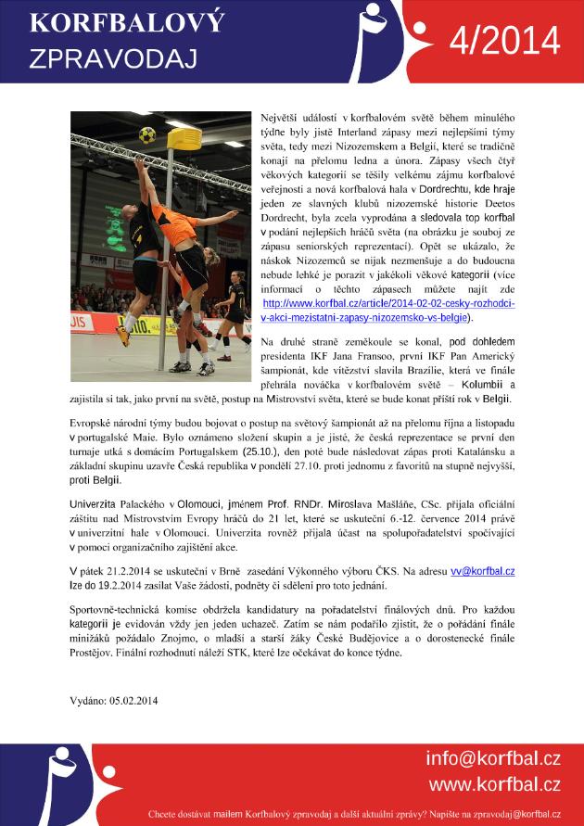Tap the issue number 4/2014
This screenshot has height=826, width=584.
point(504,41)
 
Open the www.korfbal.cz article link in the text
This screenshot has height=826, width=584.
point(389,310)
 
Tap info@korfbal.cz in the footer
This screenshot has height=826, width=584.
point(493,759)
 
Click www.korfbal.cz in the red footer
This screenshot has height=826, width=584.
point(493,784)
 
